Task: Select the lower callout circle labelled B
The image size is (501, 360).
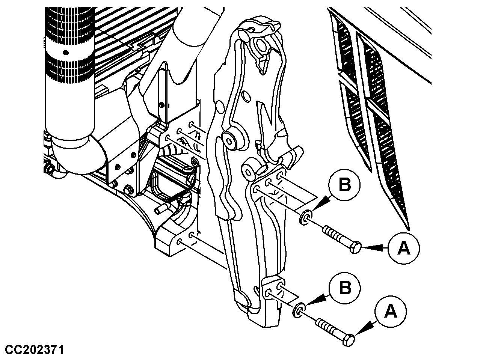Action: (345, 288)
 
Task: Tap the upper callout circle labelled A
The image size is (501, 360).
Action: (404, 248)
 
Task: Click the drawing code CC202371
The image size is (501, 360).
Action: (35, 350)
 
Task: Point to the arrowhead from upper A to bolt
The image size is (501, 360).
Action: (368, 247)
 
